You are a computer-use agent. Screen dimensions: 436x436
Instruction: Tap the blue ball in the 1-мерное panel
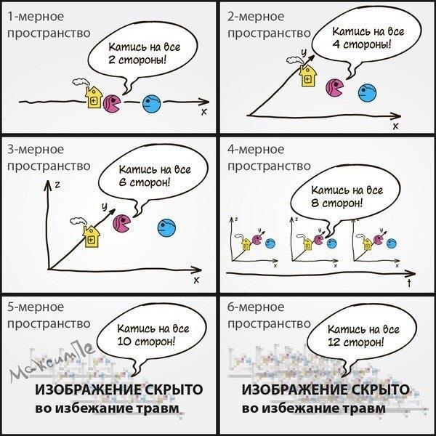tap(151, 104)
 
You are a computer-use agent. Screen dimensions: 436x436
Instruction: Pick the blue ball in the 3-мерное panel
tap(168, 228)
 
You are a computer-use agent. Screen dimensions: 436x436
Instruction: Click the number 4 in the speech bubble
tap(335, 44)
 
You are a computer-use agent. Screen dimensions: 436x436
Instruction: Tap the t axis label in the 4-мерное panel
tap(409, 284)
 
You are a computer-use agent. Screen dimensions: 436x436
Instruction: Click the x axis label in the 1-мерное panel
tap(203, 111)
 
